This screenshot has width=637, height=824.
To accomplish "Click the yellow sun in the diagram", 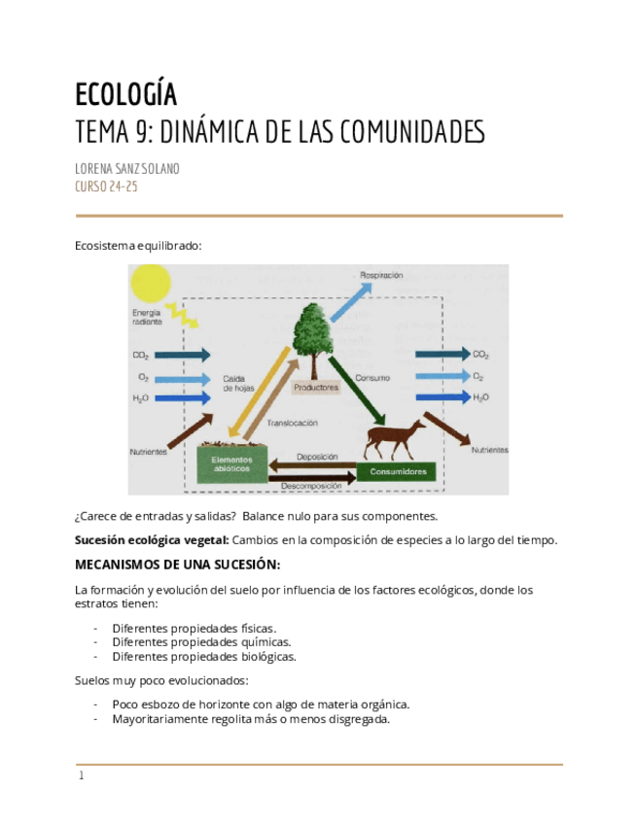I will pos(150,283).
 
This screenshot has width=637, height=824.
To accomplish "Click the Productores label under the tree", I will pos(315,387).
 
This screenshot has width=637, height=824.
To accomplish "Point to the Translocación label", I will pos(293,423).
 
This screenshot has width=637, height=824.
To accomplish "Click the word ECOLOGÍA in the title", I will pos(126,94).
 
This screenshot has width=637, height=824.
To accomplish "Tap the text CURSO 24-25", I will pos(106,187).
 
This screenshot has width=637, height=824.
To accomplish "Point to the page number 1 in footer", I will pos(82,775).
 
